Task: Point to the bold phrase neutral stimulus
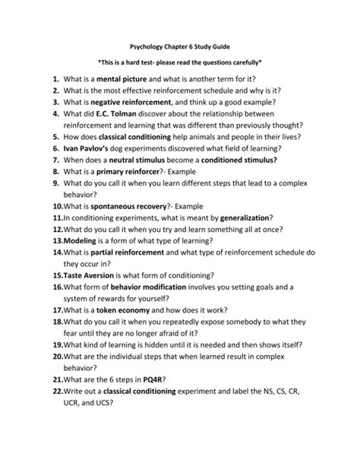140,161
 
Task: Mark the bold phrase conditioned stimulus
229,161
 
